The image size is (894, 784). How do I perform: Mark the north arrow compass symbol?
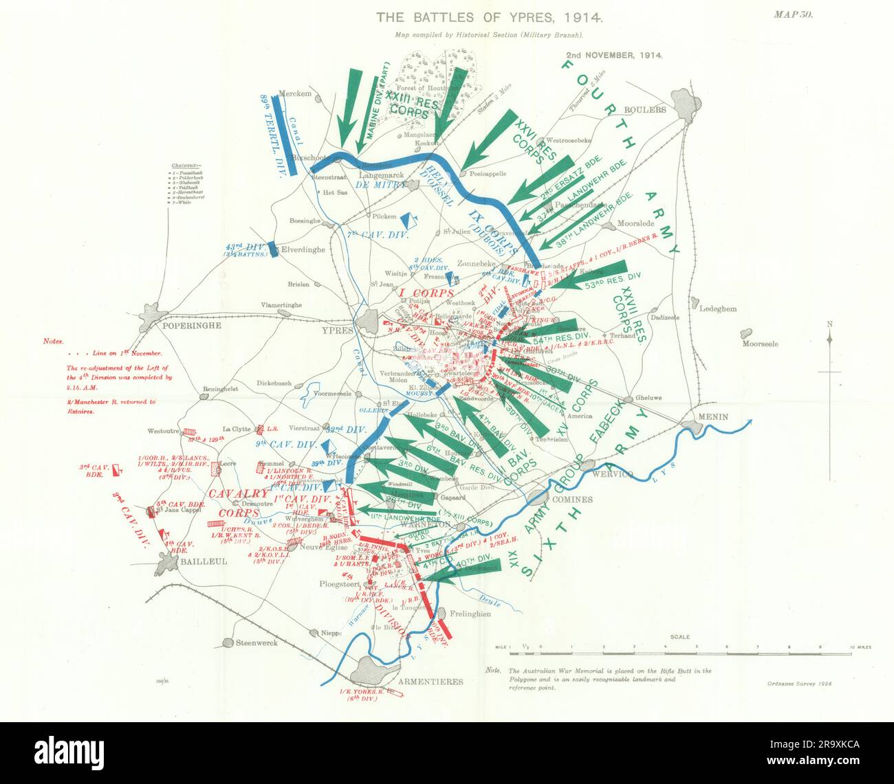[x=829, y=339]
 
